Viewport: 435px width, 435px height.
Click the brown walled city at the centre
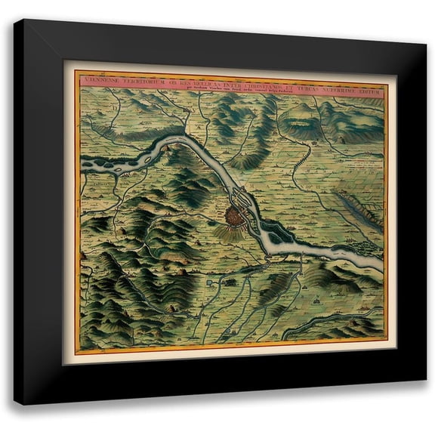(x=236, y=215)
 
